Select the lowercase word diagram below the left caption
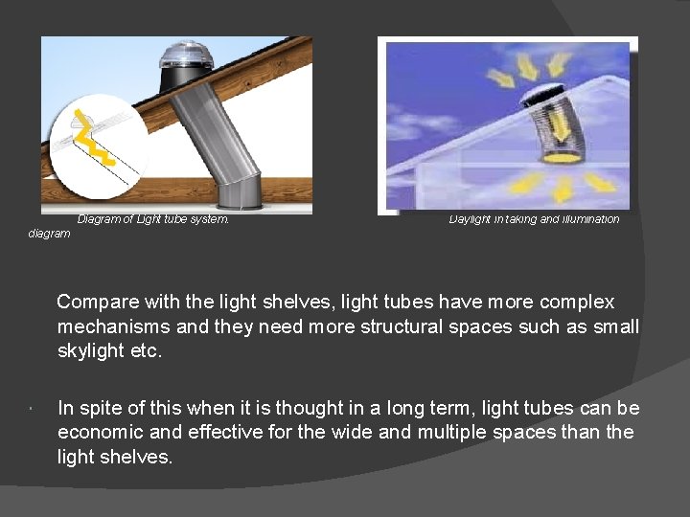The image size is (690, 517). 49,234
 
